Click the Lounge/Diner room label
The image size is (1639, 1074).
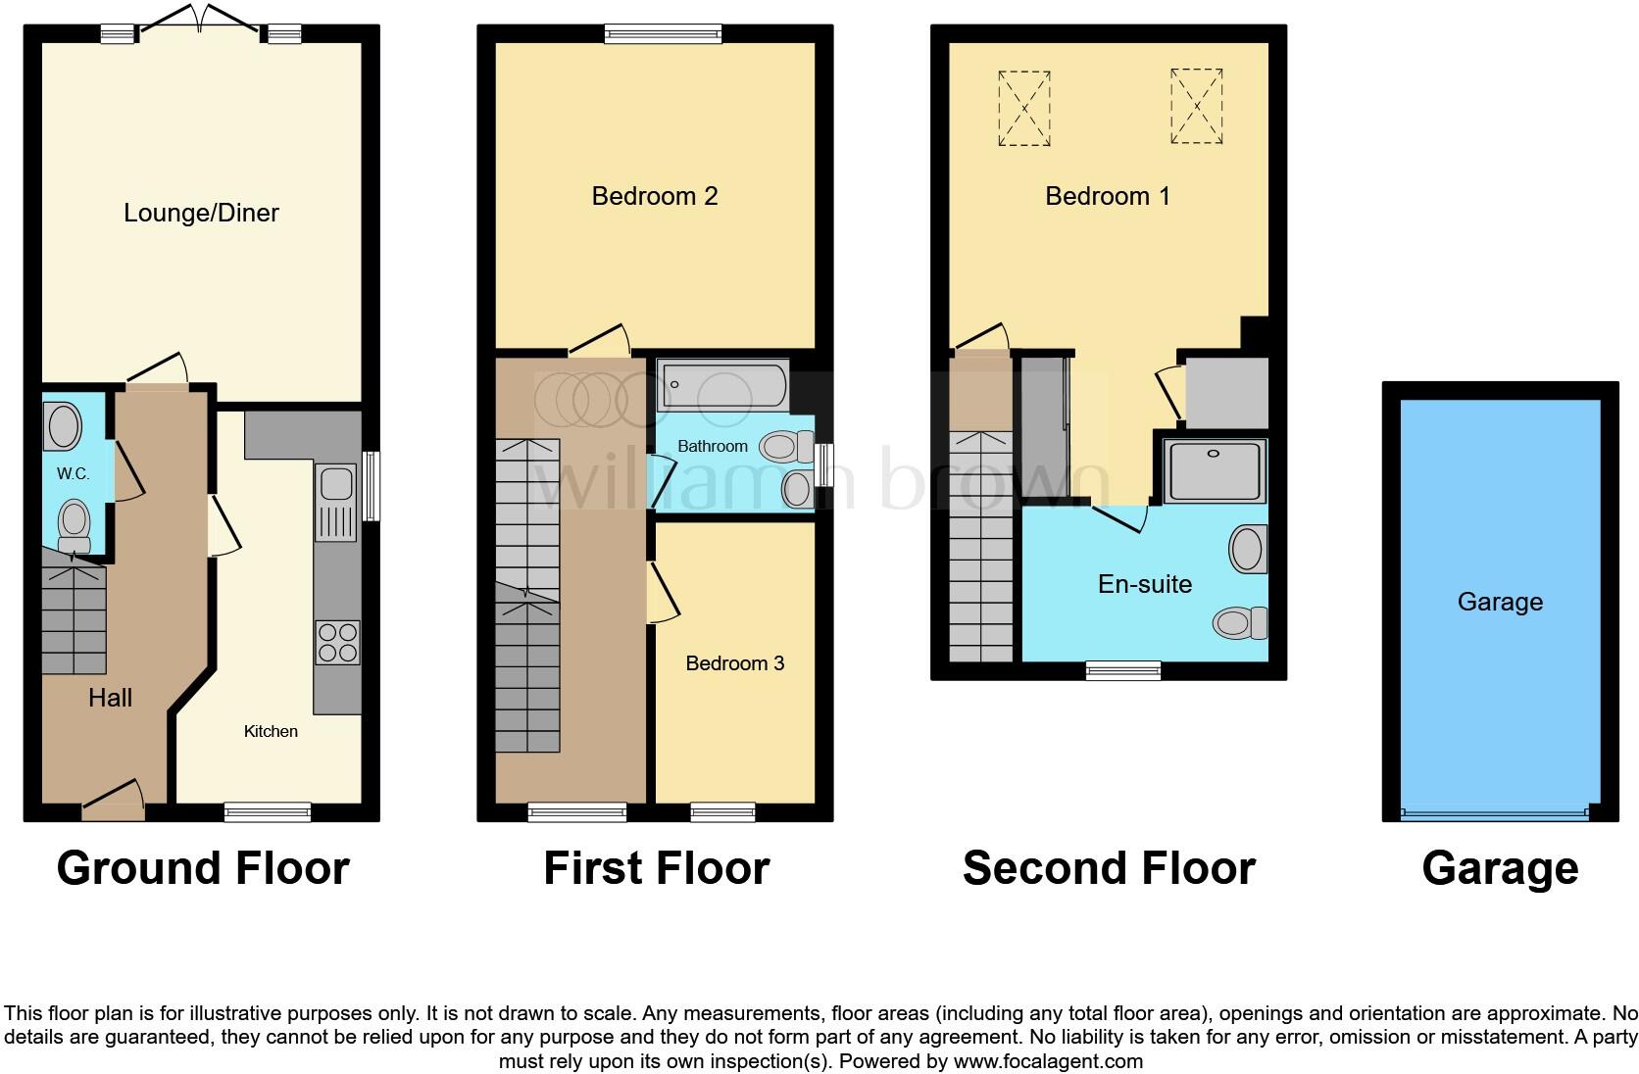click(201, 213)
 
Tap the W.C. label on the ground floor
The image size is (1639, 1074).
click(73, 474)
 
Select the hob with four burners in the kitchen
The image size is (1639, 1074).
click(337, 643)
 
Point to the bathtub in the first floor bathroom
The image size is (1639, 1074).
click(723, 386)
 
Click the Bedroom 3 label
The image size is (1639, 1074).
click(734, 663)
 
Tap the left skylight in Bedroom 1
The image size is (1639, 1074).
click(1024, 109)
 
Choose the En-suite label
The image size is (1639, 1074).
click(1145, 584)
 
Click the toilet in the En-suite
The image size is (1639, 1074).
click(1241, 622)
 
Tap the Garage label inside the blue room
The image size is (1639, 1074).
click(1500, 602)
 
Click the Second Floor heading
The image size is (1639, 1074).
click(1109, 868)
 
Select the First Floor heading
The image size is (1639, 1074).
click(656, 868)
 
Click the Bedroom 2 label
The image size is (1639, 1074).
click(655, 196)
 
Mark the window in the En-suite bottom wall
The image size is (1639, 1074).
click(1123, 670)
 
